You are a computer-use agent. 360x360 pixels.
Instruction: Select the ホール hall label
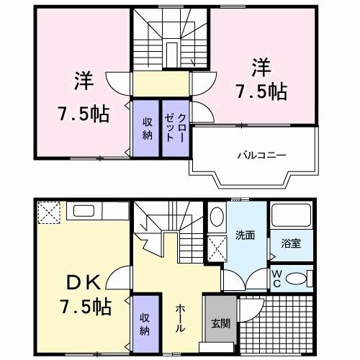[179, 318]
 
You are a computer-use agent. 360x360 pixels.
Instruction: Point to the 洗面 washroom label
[243, 235]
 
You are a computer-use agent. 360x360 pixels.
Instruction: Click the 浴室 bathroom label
[292, 243]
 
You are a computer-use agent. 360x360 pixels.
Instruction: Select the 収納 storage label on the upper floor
[146, 127]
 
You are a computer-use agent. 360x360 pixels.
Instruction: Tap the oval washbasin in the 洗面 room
[217, 218]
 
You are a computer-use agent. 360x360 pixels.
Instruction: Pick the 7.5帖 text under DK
[84, 307]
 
